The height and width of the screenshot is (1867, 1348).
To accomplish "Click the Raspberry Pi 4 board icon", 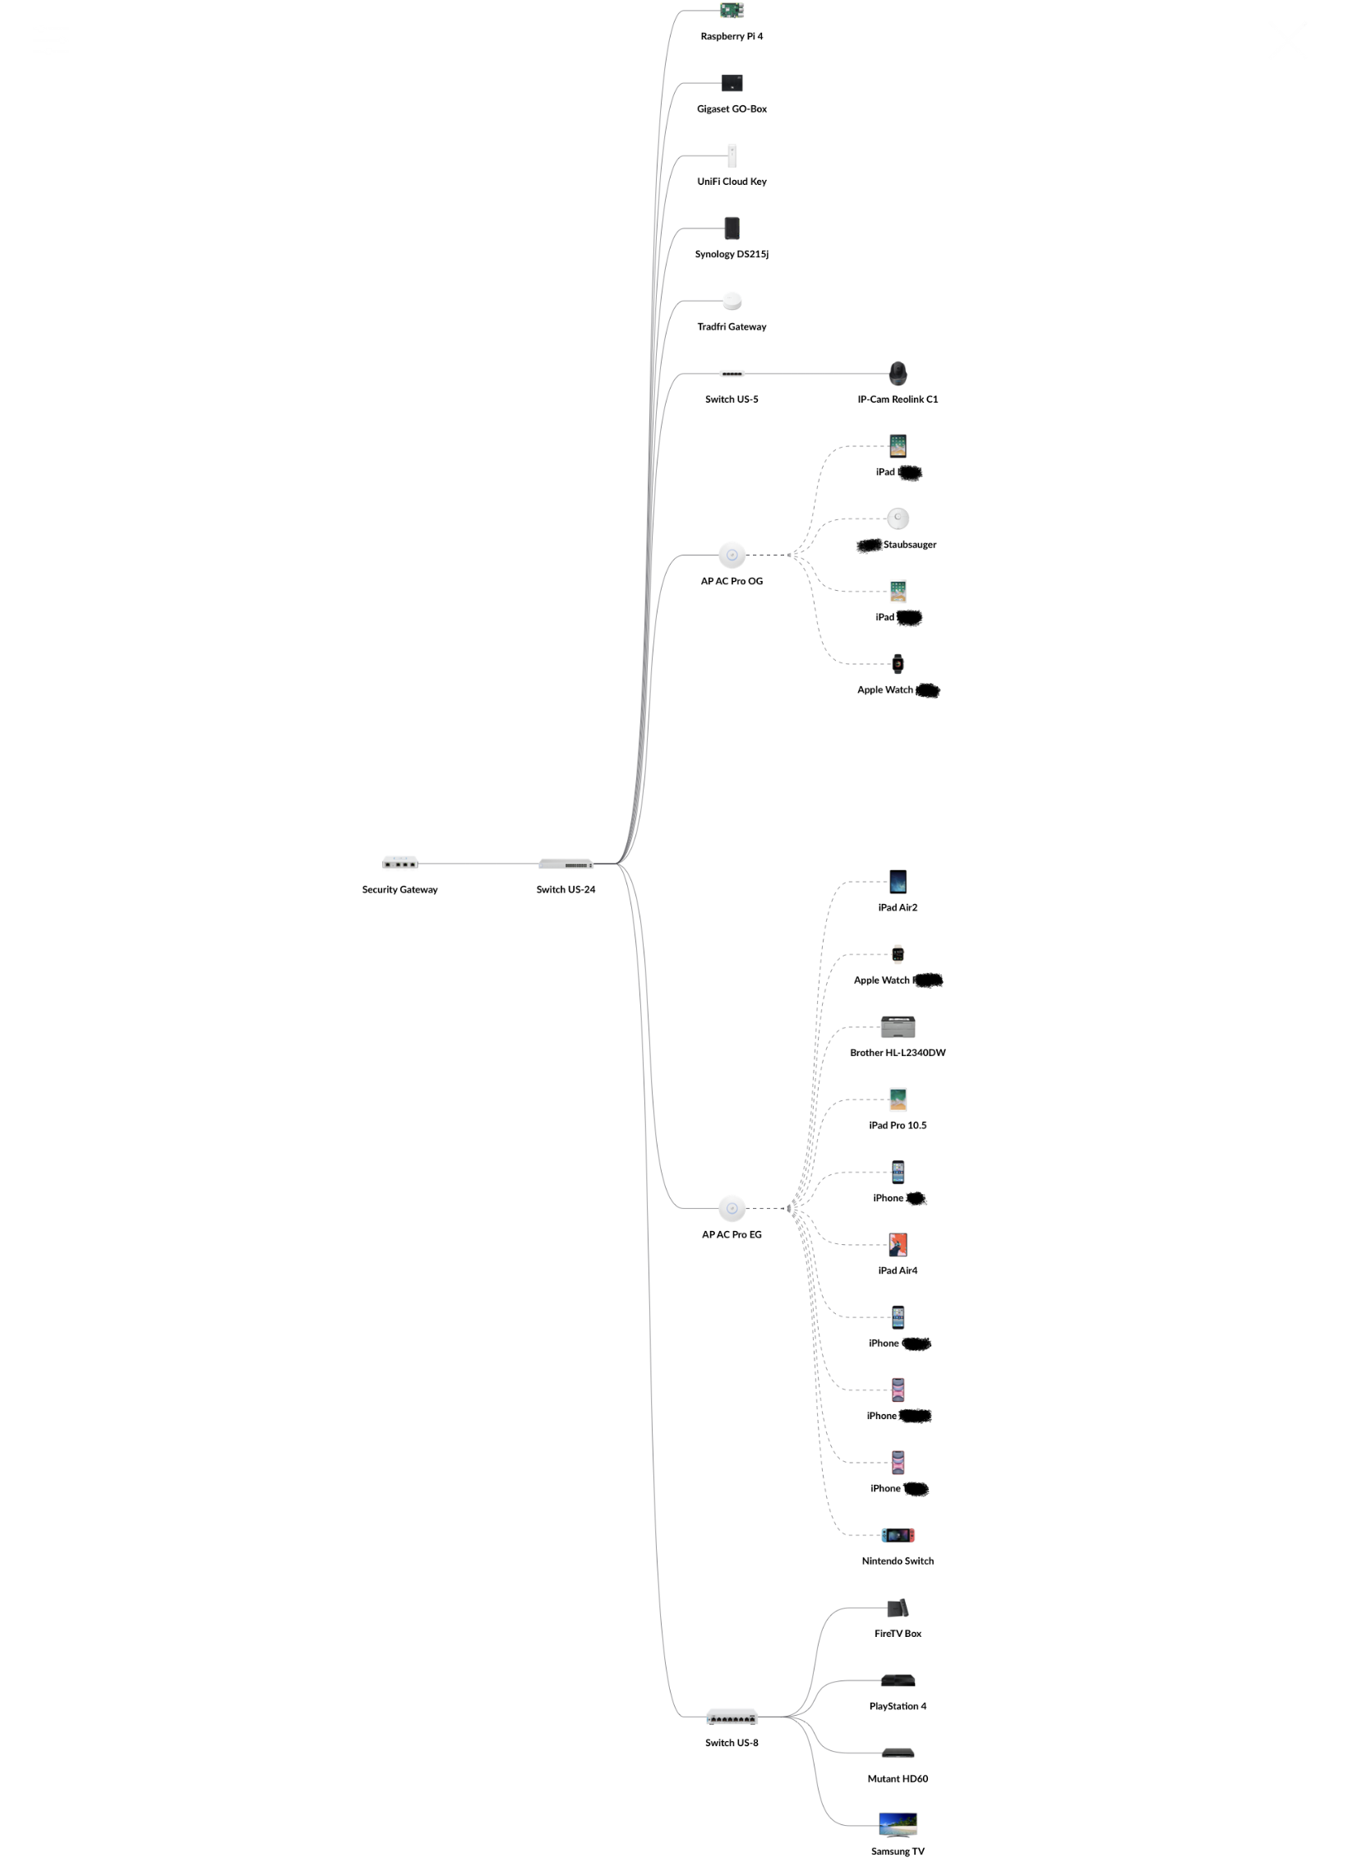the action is (x=732, y=10).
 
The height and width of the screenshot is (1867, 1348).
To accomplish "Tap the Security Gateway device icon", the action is (x=399, y=863).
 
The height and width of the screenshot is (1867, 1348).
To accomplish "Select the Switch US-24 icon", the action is (x=566, y=864).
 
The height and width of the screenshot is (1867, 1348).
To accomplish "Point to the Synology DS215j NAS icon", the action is (x=732, y=228).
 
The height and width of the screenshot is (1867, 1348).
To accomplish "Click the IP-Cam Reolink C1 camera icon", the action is (x=898, y=374).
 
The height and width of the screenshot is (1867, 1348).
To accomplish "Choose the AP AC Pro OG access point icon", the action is (x=732, y=555).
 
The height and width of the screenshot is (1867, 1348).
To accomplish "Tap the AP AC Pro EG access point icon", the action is (x=732, y=1209).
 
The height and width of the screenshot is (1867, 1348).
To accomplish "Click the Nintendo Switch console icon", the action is (x=898, y=1535).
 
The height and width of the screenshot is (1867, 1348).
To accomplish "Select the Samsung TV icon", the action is (x=898, y=1823).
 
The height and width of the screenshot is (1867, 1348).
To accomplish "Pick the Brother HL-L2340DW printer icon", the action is (x=898, y=1026).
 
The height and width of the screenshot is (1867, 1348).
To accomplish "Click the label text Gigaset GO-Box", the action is (x=732, y=108).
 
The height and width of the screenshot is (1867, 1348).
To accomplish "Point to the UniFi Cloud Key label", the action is (x=732, y=181).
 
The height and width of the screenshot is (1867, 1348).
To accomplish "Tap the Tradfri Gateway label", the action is (x=732, y=327).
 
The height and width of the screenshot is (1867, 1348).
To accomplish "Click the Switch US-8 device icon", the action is (x=732, y=1717).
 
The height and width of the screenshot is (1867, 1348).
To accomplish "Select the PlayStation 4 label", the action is (x=898, y=1707).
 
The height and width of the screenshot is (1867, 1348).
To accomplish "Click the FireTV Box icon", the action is (x=898, y=1607).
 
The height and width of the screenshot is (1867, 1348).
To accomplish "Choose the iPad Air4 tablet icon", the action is (x=898, y=1245).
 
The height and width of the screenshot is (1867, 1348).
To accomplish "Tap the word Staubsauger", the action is (x=909, y=545).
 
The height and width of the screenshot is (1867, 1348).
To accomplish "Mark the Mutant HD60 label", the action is (x=898, y=1779).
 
